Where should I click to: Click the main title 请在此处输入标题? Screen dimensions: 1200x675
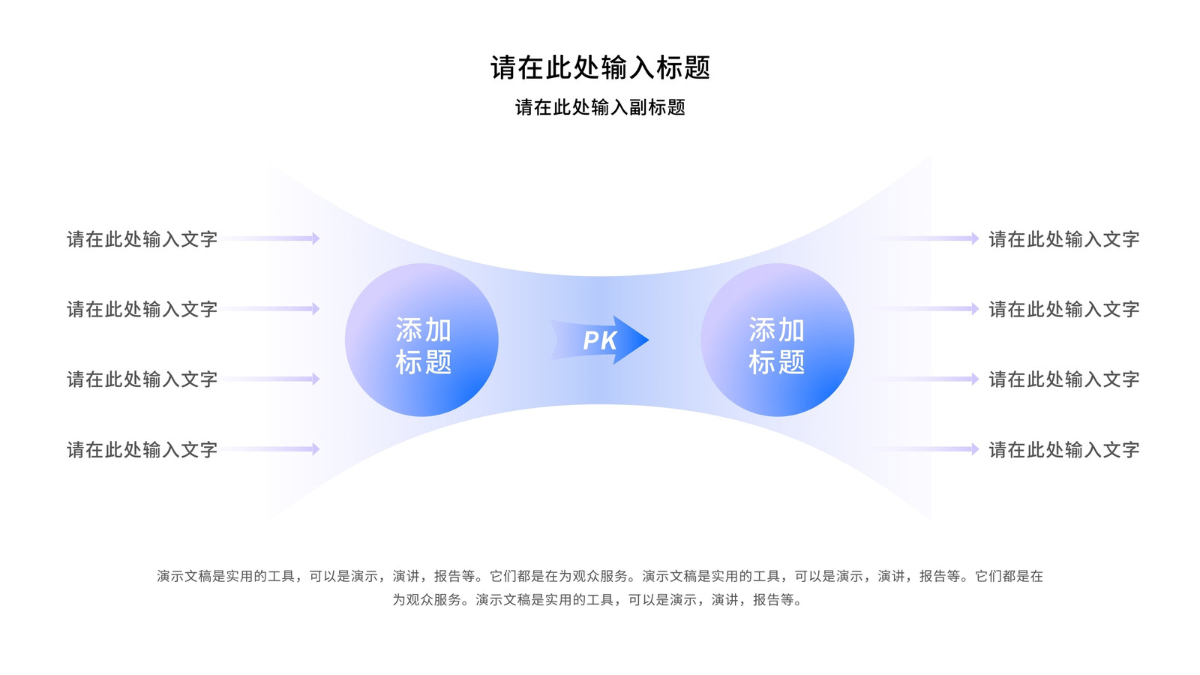(x=600, y=68)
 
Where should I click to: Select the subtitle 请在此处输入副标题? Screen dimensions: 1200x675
(x=600, y=107)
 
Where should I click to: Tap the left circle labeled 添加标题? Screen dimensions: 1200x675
(x=421, y=340)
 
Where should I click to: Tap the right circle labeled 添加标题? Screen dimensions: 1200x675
(x=777, y=340)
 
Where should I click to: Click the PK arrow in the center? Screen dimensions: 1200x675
(x=600, y=340)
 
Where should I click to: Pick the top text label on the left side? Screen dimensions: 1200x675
(x=142, y=239)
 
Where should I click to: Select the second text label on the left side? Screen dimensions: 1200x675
(x=142, y=309)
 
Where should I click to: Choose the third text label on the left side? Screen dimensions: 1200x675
(x=142, y=379)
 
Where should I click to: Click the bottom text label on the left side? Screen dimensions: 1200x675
(x=142, y=449)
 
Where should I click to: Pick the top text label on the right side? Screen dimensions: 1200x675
(x=1064, y=239)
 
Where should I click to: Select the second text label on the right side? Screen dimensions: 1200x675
(x=1064, y=309)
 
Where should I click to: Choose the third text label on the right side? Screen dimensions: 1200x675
(x=1064, y=379)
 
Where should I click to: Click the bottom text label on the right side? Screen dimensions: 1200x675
(x=1064, y=449)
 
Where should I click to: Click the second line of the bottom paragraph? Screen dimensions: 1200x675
(x=598, y=599)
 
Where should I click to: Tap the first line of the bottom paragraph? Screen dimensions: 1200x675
(x=600, y=576)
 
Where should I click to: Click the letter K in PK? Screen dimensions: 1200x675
(x=609, y=340)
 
